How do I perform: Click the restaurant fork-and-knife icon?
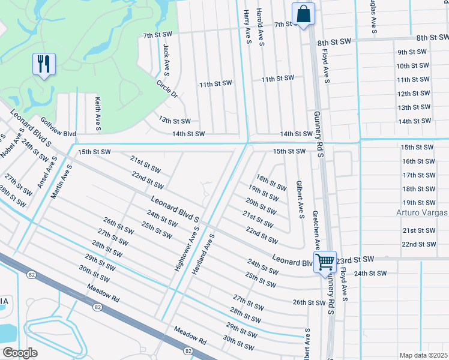point(44,64)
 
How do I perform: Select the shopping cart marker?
point(325,262)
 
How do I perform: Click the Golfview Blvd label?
point(58,134)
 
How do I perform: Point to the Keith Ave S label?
point(97,115)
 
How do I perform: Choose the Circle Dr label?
point(167,89)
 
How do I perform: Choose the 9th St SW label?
point(412,52)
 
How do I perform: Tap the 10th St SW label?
point(412,66)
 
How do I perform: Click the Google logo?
point(19,353)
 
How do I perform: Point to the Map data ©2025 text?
point(423,355)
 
